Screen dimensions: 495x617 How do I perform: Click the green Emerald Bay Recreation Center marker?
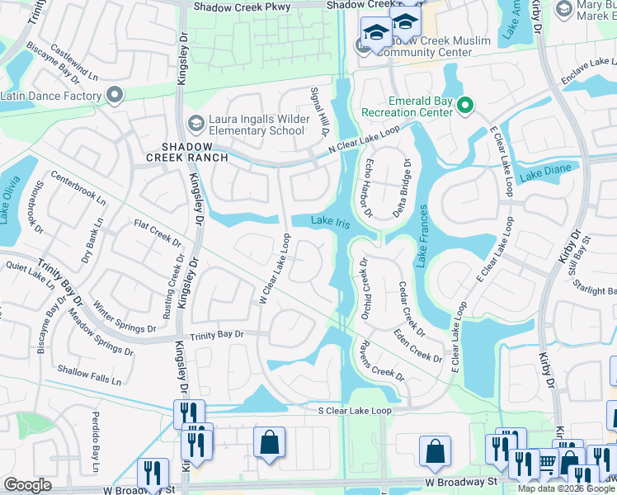click(464, 105)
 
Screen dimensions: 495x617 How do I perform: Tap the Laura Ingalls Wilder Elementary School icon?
click(195, 124)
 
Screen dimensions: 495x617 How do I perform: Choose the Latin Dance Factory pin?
click(114, 96)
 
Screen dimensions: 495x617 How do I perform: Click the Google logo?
click(26, 485)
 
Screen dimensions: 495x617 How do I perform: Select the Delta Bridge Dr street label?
click(405, 183)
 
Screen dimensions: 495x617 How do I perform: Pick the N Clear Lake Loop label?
click(363, 140)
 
